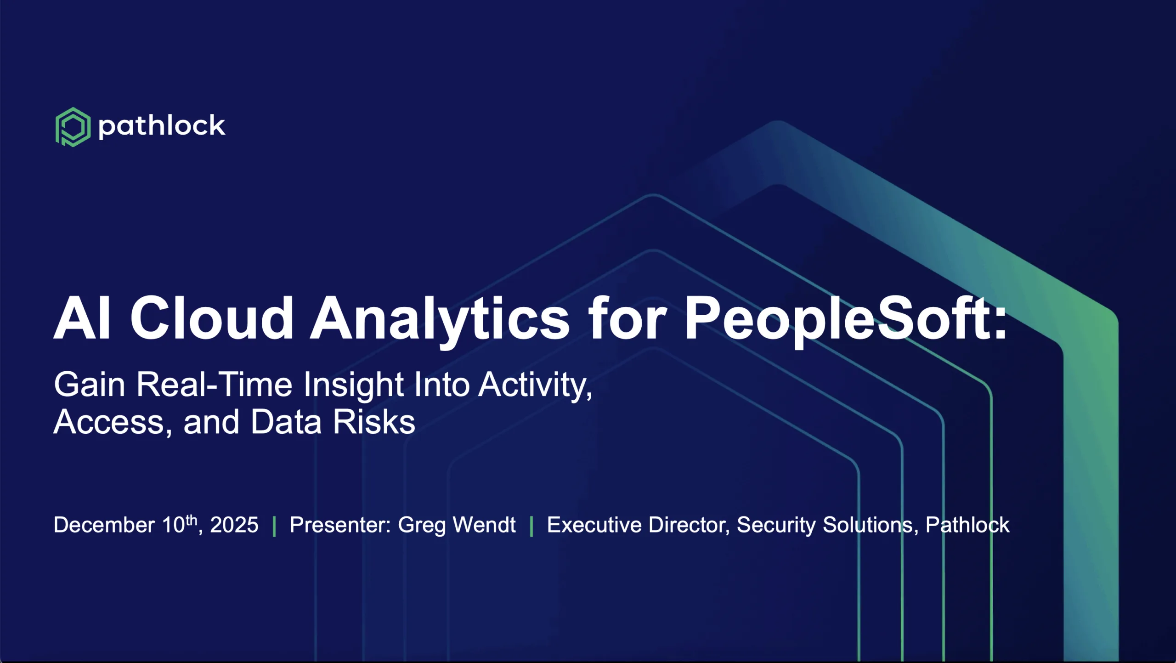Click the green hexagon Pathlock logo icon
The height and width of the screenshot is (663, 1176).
coord(73,127)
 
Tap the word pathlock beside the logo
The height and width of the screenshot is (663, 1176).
coord(162,126)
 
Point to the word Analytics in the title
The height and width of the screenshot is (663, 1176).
coord(440,320)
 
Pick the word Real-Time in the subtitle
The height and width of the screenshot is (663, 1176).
coord(214,384)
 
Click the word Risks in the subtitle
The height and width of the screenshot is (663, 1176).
coord(374,422)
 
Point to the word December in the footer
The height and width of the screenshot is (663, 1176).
coord(104,525)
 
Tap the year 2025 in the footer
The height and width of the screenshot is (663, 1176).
coord(234,525)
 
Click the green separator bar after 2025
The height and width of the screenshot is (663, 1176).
coord(274,527)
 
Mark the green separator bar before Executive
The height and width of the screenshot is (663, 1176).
coord(531,527)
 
